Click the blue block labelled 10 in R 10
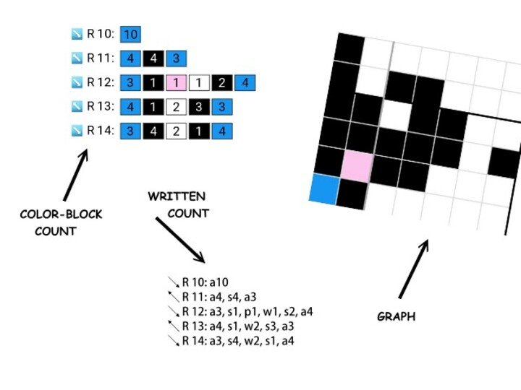coord(131,33)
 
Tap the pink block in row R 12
coord(177,82)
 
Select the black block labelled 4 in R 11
coord(153,58)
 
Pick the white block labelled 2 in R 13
coord(177,107)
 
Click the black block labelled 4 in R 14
coord(153,131)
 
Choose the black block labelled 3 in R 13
coord(199,107)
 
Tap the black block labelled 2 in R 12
coord(222,82)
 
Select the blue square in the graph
coord(324,188)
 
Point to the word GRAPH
coord(397,316)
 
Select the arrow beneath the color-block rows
coord(75,174)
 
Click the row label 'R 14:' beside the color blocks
coord(101,131)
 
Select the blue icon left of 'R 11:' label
coord(77,58)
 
